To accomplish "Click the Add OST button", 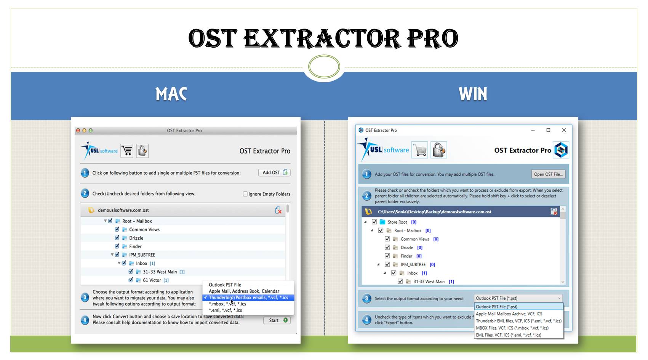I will coord(274,173).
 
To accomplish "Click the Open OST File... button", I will coord(548,174).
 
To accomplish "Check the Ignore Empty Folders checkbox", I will coord(245,194).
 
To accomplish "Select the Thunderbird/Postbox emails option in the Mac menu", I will coord(248,298).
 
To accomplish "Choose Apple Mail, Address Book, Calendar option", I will coord(244,291).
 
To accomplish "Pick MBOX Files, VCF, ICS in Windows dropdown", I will coord(512,328).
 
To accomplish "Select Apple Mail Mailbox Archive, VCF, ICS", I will coord(509,314).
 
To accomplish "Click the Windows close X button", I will coord(564,130).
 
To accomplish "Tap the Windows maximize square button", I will coord(548,130).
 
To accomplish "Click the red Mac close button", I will coord(78,130).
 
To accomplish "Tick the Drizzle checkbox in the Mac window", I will coord(117,238).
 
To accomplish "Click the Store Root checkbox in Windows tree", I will coord(374,222).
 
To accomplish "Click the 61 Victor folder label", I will coord(152,280).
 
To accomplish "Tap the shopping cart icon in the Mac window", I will coord(127,151).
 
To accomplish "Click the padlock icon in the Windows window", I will coord(438,150).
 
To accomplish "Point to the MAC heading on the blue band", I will coord(171,94).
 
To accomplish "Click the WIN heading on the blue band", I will coord(473,94).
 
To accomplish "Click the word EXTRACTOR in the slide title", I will coord(322,38).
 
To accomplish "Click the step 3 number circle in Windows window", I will coord(366,298).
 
